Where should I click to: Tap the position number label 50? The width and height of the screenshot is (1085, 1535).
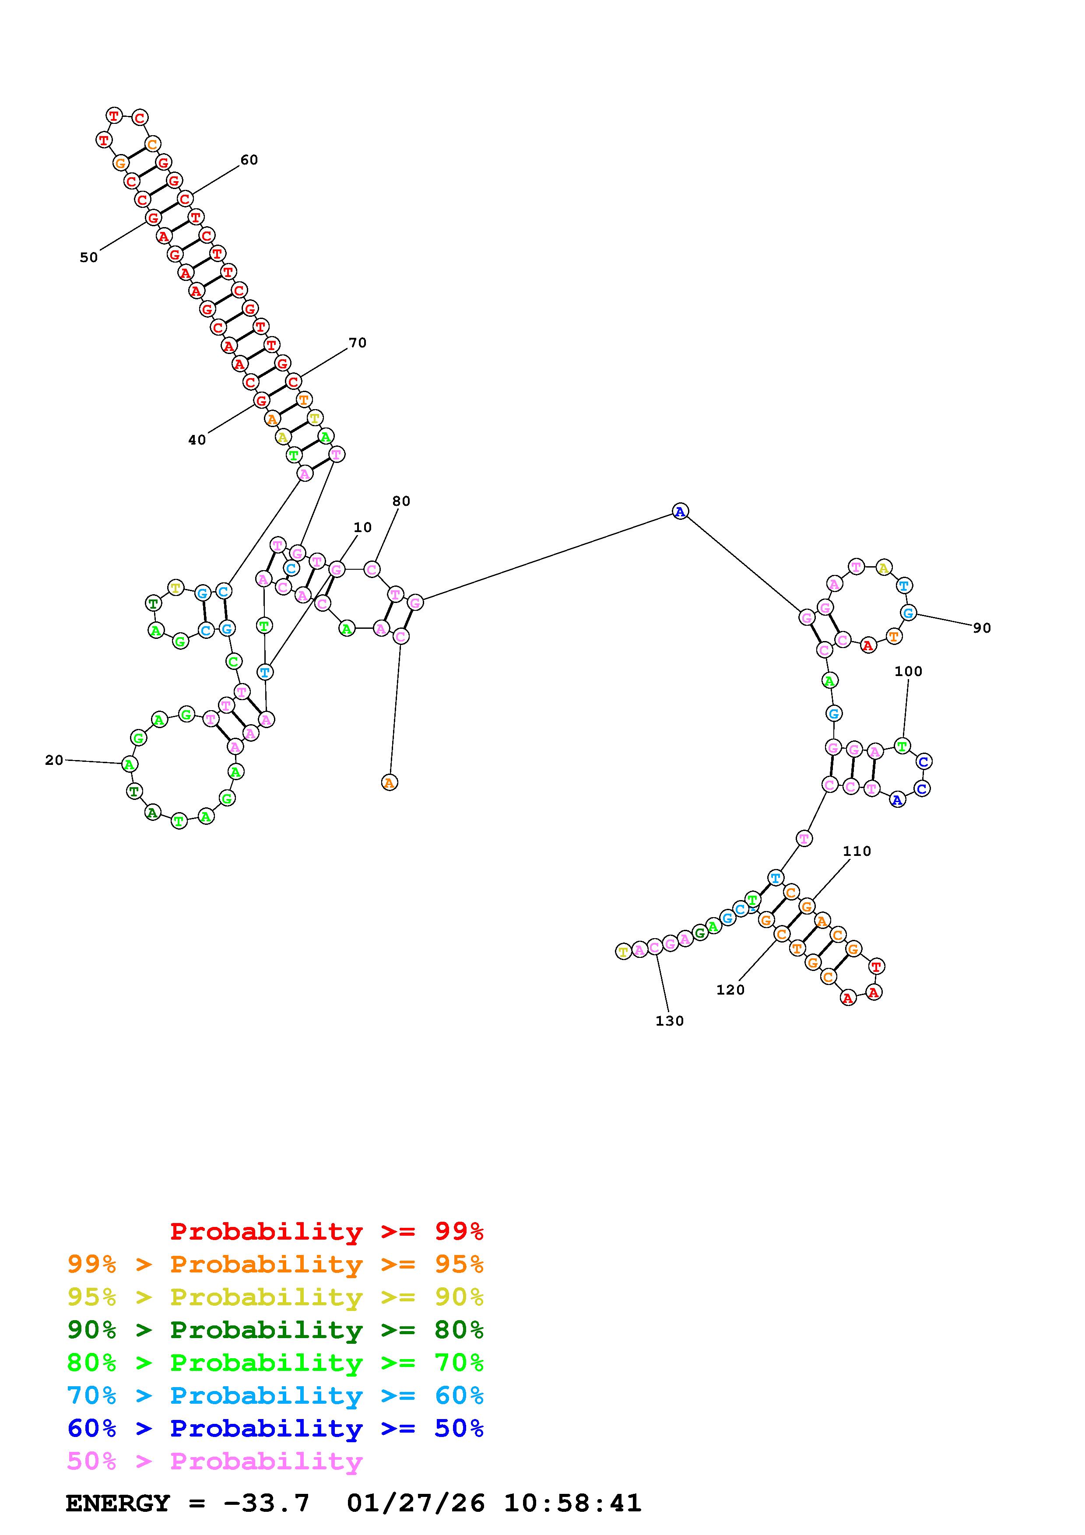[88, 257]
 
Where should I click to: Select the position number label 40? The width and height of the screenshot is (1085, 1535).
[197, 440]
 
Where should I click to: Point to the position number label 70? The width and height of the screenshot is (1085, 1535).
[357, 343]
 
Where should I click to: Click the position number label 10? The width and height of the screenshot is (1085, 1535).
[362, 527]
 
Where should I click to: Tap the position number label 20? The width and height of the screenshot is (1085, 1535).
[54, 760]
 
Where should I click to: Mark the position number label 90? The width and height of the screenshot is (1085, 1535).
[981, 628]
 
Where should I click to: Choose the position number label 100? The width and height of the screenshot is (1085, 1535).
[908, 671]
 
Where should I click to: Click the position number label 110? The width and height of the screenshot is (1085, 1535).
[857, 851]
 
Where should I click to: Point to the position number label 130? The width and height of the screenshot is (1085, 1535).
[669, 1021]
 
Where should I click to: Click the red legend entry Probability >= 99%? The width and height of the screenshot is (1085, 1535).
[327, 1231]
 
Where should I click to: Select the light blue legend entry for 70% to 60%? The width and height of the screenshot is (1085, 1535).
[275, 1395]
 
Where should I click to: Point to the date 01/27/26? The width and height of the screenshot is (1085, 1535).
[416, 1503]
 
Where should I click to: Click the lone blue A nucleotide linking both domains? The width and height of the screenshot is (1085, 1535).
[680, 512]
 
